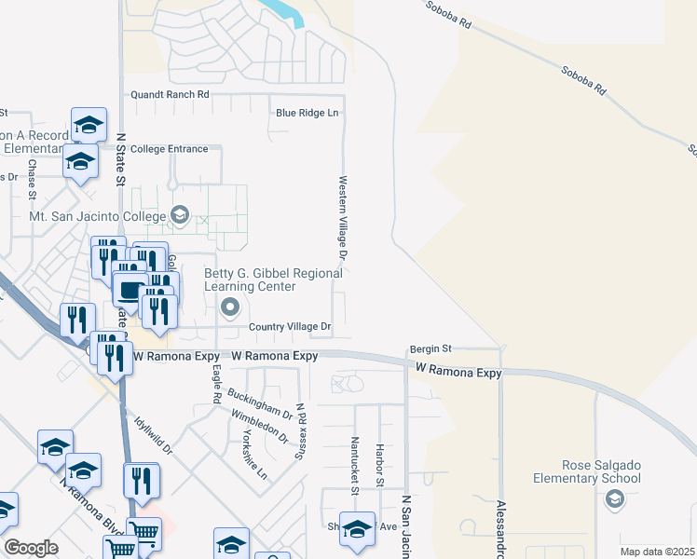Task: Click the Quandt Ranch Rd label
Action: tap(170, 95)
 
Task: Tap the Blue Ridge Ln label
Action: tap(307, 113)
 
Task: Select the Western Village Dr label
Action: tap(343, 218)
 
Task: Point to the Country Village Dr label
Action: tap(290, 327)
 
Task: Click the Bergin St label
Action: tap(430, 348)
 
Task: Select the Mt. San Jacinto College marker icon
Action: tap(180, 216)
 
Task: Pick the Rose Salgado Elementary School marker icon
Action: tap(614, 500)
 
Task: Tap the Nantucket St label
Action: tap(355, 463)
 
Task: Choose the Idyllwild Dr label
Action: tap(156, 435)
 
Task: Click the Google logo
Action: tap(31, 548)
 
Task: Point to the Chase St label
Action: tap(32, 179)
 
